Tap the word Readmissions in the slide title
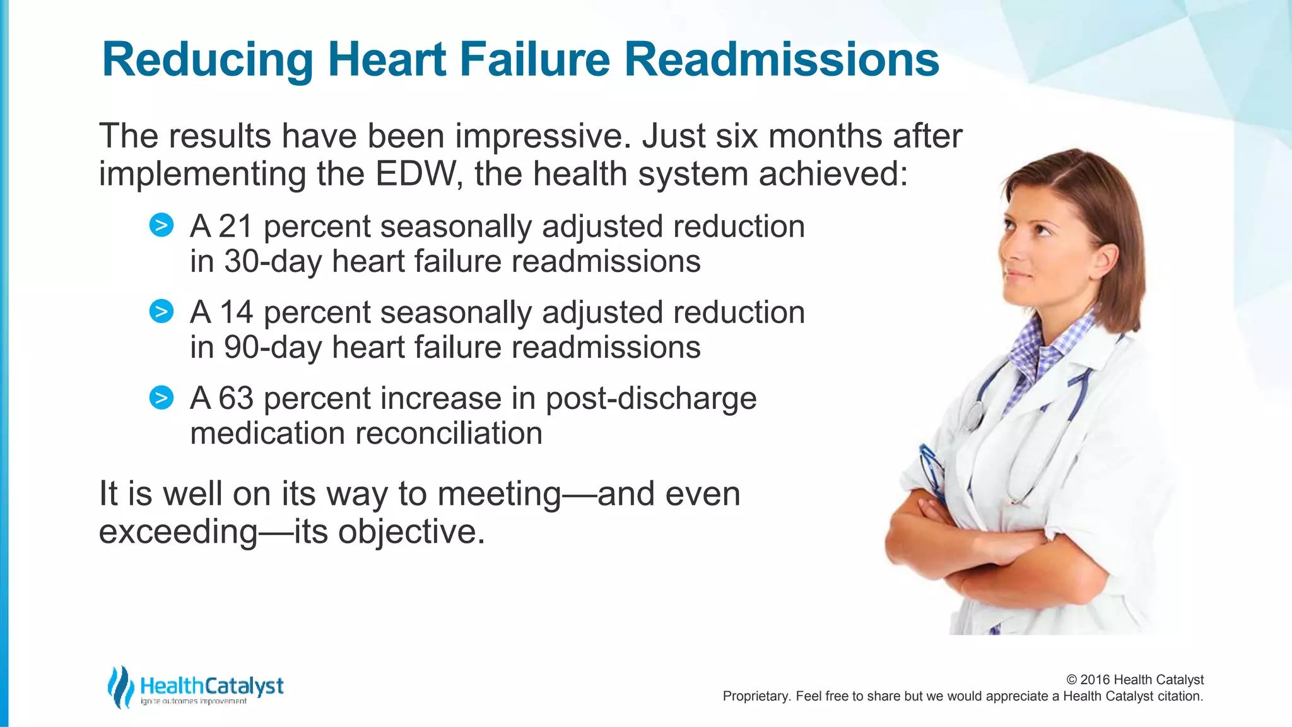tap(782, 60)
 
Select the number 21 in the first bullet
tap(235, 227)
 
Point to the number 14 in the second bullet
tap(236, 312)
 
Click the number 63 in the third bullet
tap(236, 398)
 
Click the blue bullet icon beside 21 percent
tap(161, 225)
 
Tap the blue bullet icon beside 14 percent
tap(161, 311)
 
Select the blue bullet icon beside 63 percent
tap(161, 398)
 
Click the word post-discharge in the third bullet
tap(650, 398)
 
